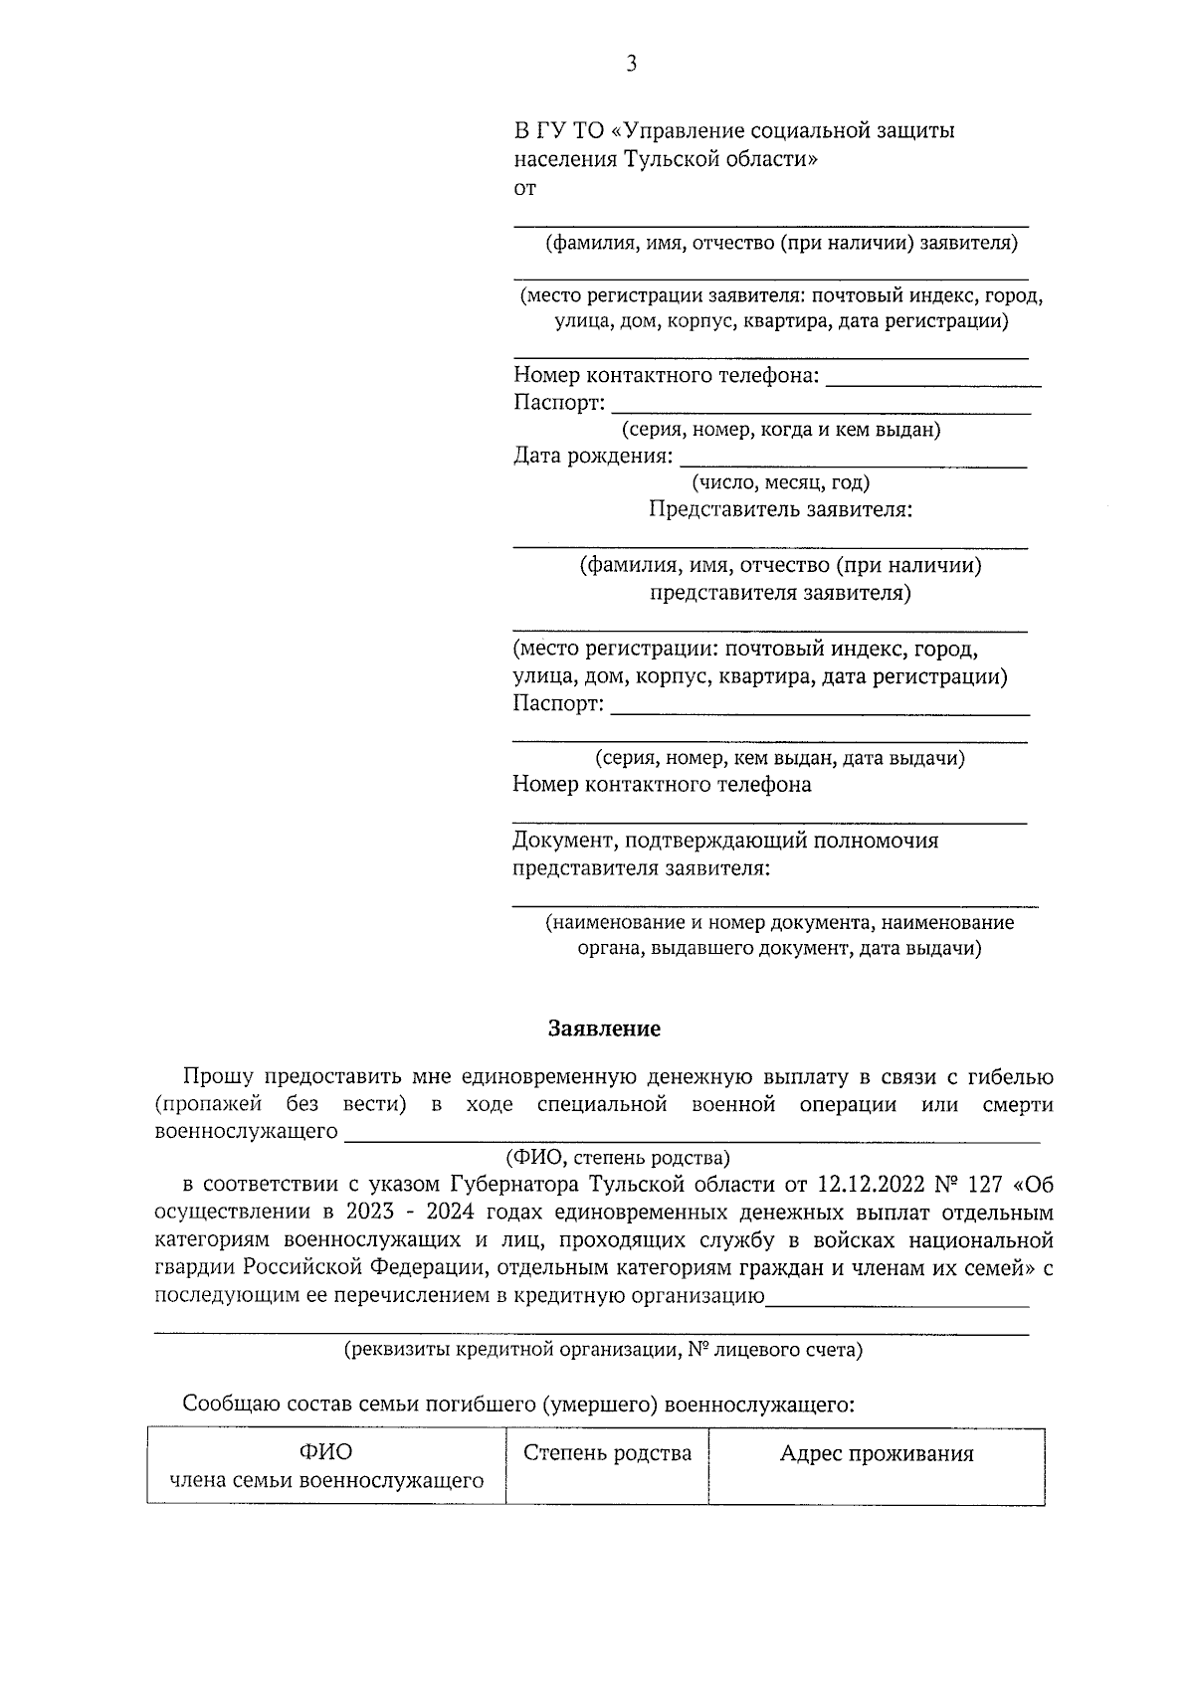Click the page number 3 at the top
(631, 65)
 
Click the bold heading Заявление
(604, 1029)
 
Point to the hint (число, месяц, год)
(781, 483)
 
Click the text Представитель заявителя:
(781, 510)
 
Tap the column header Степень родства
(607, 1453)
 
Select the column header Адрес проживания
(877, 1454)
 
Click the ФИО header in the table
(326, 1453)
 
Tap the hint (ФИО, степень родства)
(618, 1158)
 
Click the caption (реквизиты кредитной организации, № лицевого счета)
(603, 1351)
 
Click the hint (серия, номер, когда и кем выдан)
(781, 430)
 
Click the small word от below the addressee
(524, 188)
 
